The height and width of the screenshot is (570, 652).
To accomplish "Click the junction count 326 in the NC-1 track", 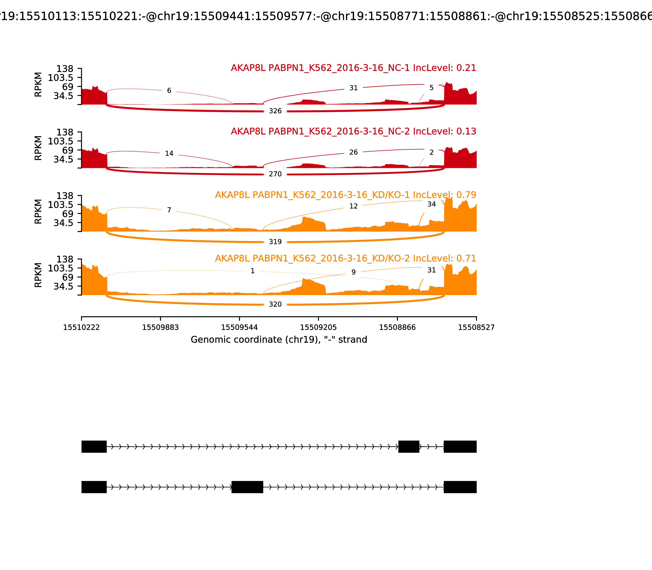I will tap(275, 111).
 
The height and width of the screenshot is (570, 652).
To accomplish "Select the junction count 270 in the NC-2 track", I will tap(275, 174).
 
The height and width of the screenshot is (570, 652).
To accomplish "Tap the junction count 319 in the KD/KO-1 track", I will tap(275, 242).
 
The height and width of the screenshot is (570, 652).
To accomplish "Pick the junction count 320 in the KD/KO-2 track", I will tap(275, 304).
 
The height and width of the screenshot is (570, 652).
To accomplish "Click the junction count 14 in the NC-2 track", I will tap(169, 154).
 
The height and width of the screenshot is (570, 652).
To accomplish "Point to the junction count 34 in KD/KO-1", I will tap(431, 204).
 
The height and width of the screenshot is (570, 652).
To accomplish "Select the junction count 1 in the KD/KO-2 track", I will tap(252, 271).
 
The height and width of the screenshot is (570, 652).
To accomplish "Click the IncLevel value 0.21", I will tap(466, 68).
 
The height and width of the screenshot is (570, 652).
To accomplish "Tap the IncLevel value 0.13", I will tap(466, 131).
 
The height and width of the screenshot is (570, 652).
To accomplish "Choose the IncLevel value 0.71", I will tap(466, 258).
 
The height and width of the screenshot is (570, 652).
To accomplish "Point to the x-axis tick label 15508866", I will tap(397, 328).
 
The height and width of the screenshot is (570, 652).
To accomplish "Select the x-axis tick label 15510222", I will tap(81, 328).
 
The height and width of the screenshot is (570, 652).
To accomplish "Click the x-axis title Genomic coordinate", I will tap(279, 340).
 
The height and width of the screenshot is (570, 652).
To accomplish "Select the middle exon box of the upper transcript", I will tap(409, 447).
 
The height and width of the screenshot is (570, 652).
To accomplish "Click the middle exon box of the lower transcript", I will tap(247, 487).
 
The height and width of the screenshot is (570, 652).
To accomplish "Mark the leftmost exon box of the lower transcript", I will tap(94, 487).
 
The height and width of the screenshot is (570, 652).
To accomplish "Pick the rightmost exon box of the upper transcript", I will tap(460, 447).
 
